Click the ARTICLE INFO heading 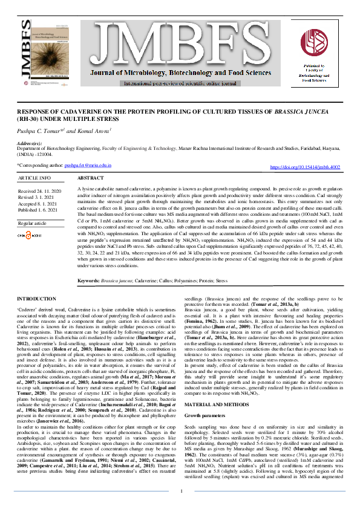(x=34, y=179)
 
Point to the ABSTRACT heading (x=92, y=179)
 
